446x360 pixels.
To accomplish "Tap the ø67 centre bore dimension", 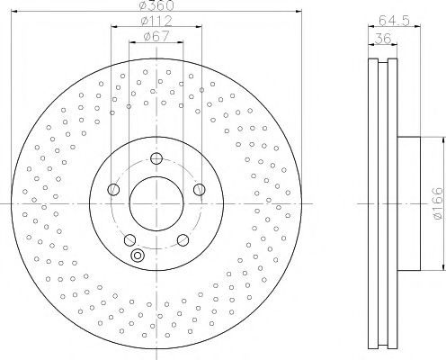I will pyautogui.click(x=156, y=38).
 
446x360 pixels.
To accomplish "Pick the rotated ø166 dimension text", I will pyautogui.click(x=435, y=204).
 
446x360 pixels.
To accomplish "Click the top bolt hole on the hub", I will pyautogui.click(x=156, y=159).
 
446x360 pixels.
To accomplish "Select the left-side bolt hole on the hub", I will pyautogui.click(x=112, y=190).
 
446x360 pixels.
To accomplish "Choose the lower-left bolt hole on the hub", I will pyautogui.click(x=129, y=239).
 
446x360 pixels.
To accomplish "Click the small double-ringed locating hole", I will pyautogui.click(x=138, y=256).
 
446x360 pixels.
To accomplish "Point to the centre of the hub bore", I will pyautogui.click(x=156, y=205).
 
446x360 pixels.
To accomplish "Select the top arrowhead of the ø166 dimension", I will pyautogui.click(x=442, y=139).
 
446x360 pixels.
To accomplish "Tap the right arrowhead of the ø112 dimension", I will pyautogui.click(x=201, y=28).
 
